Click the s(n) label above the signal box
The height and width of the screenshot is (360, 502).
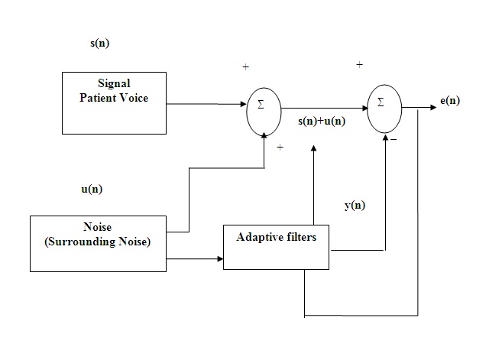pos(99,43)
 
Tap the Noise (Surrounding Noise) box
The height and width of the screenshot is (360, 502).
pos(97,243)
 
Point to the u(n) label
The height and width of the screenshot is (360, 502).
pos(92,189)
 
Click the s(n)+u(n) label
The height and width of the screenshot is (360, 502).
pos(321,121)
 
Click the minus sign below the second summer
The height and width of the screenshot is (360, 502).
pos(393,141)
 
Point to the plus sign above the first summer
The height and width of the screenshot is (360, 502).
pos(245,67)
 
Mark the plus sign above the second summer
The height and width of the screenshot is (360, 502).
pos(359,65)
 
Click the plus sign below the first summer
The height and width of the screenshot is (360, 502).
pos(280,147)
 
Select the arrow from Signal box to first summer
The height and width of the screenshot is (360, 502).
pos(206,103)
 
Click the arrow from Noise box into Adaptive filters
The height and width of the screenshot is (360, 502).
pos(194,259)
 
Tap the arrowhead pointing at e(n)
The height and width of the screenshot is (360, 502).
pos(435,104)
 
